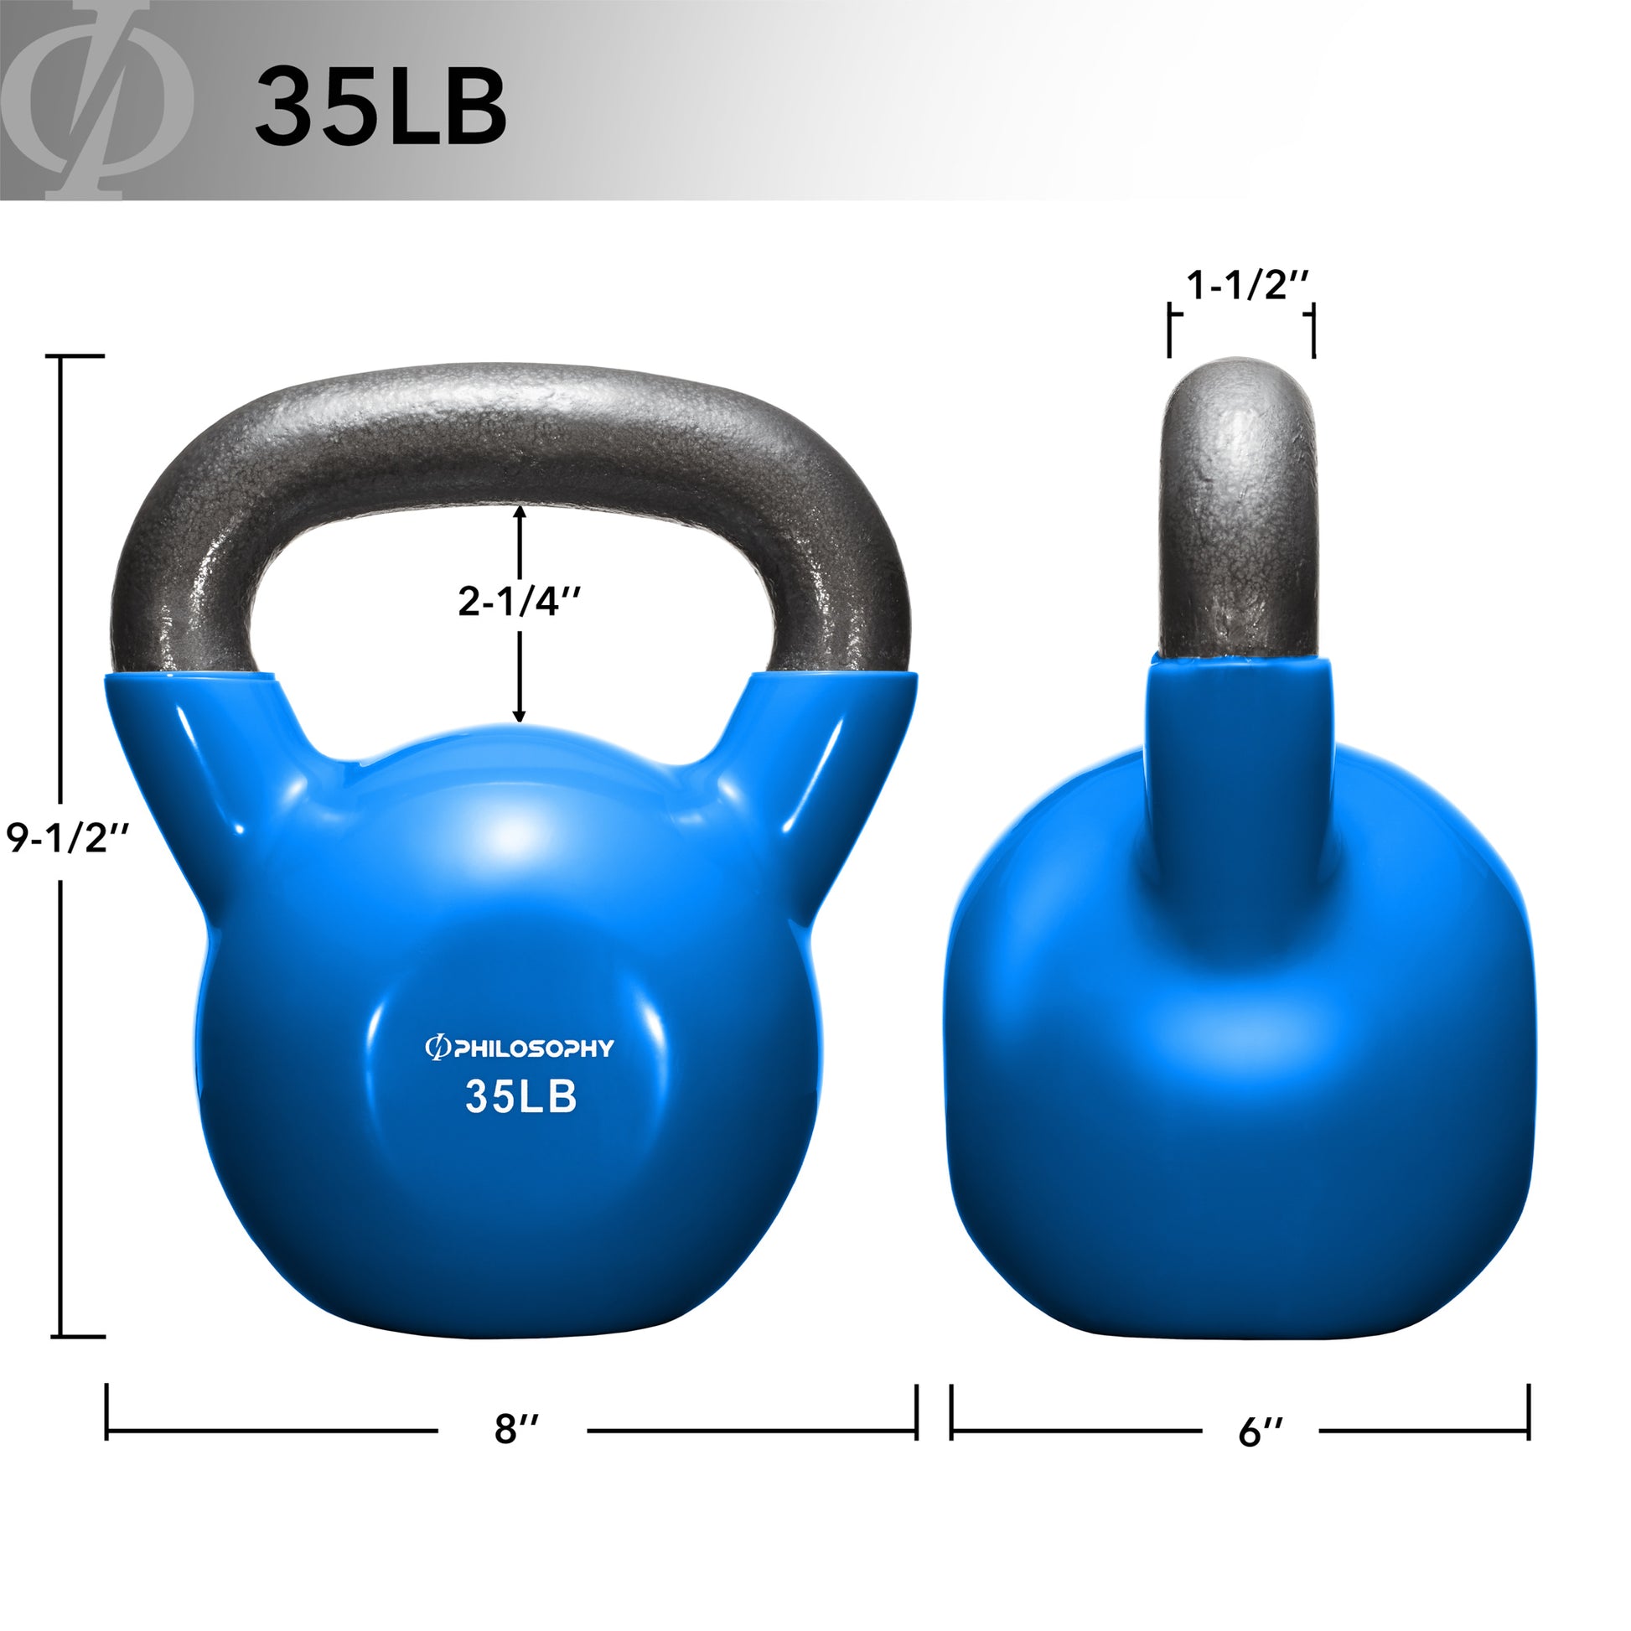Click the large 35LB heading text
pos(381,108)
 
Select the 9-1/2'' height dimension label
pos(68,838)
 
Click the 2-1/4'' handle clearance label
pos(519,602)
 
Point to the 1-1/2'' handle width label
pos(1247,286)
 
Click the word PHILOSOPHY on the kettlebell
pos(533,1049)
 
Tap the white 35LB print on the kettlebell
pos(520,1096)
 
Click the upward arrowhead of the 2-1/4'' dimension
pos(519,511)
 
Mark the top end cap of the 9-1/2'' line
pos(80,357)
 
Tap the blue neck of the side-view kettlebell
pos(1240,760)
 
